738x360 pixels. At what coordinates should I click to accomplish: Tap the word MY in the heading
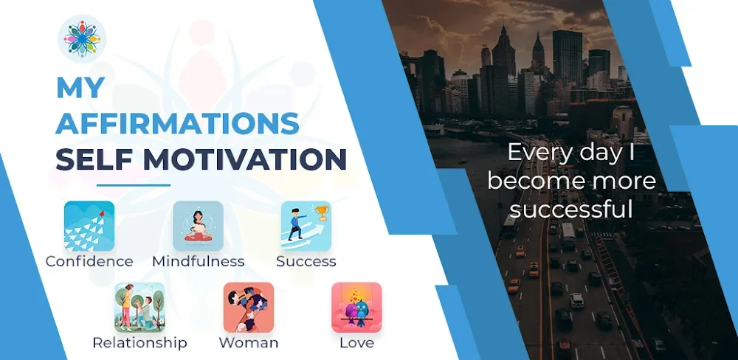coord(80,89)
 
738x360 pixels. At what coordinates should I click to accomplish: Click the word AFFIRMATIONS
coord(178,123)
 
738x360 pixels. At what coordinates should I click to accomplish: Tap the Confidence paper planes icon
coord(89,226)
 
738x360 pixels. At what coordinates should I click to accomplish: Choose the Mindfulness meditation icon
coord(198,226)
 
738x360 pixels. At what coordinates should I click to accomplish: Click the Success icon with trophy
coord(306,226)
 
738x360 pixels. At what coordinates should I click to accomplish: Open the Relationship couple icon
coord(139,308)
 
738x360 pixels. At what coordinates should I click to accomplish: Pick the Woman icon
coord(249,308)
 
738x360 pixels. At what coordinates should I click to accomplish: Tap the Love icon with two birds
coord(356,308)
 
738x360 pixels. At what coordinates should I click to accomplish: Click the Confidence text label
coord(89,261)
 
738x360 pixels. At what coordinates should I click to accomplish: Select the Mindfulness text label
coord(198,261)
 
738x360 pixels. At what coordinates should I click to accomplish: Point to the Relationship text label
coord(139,343)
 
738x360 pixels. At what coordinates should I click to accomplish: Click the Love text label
coord(356,343)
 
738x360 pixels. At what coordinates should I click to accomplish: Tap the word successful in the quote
coord(572,210)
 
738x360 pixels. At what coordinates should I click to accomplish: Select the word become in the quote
coord(533,181)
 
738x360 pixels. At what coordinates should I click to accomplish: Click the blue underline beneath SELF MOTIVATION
coord(134,185)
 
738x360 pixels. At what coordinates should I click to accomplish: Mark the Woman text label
coord(249,343)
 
